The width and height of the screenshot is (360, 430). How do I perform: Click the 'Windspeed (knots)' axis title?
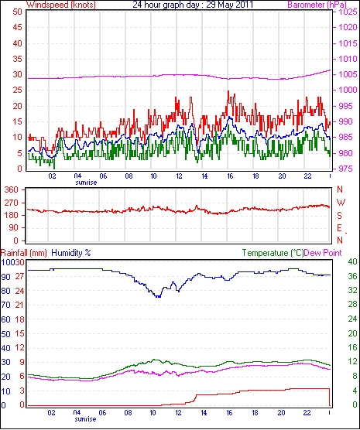click(61, 5)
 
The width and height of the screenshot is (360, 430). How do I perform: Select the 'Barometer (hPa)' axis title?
click(317, 5)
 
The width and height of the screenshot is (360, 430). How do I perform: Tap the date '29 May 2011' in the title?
click(229, 5)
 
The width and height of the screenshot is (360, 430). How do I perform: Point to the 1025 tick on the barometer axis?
click(348, 12)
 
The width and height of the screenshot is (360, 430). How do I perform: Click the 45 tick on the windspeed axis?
click(17, 27)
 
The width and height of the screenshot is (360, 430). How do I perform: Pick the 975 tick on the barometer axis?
click(348, 169)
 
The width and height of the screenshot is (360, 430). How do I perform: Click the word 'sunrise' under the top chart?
click(86, 183)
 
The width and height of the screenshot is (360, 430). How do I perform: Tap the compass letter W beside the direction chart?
click(341, 203)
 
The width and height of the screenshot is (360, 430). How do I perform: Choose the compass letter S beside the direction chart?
click(340, 216)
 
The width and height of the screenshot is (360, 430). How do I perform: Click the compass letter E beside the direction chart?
click(340, 228)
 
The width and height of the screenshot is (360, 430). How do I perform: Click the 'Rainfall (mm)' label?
click(24, 253)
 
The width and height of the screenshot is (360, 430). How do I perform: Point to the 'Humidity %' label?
click(71, 253)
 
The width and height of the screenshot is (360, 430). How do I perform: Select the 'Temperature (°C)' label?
click(273, 253)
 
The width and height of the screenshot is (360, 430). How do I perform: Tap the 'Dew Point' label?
click(323, 253)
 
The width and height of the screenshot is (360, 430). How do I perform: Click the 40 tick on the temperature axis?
click(352, 261)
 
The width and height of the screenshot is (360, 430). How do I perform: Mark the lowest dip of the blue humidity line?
click(158, 297)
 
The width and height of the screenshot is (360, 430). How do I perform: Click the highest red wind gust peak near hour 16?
click(228, 91)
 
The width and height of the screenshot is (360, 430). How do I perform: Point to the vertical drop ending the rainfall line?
click(330, 397)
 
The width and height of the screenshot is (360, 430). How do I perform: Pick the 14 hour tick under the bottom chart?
click(204, 412)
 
